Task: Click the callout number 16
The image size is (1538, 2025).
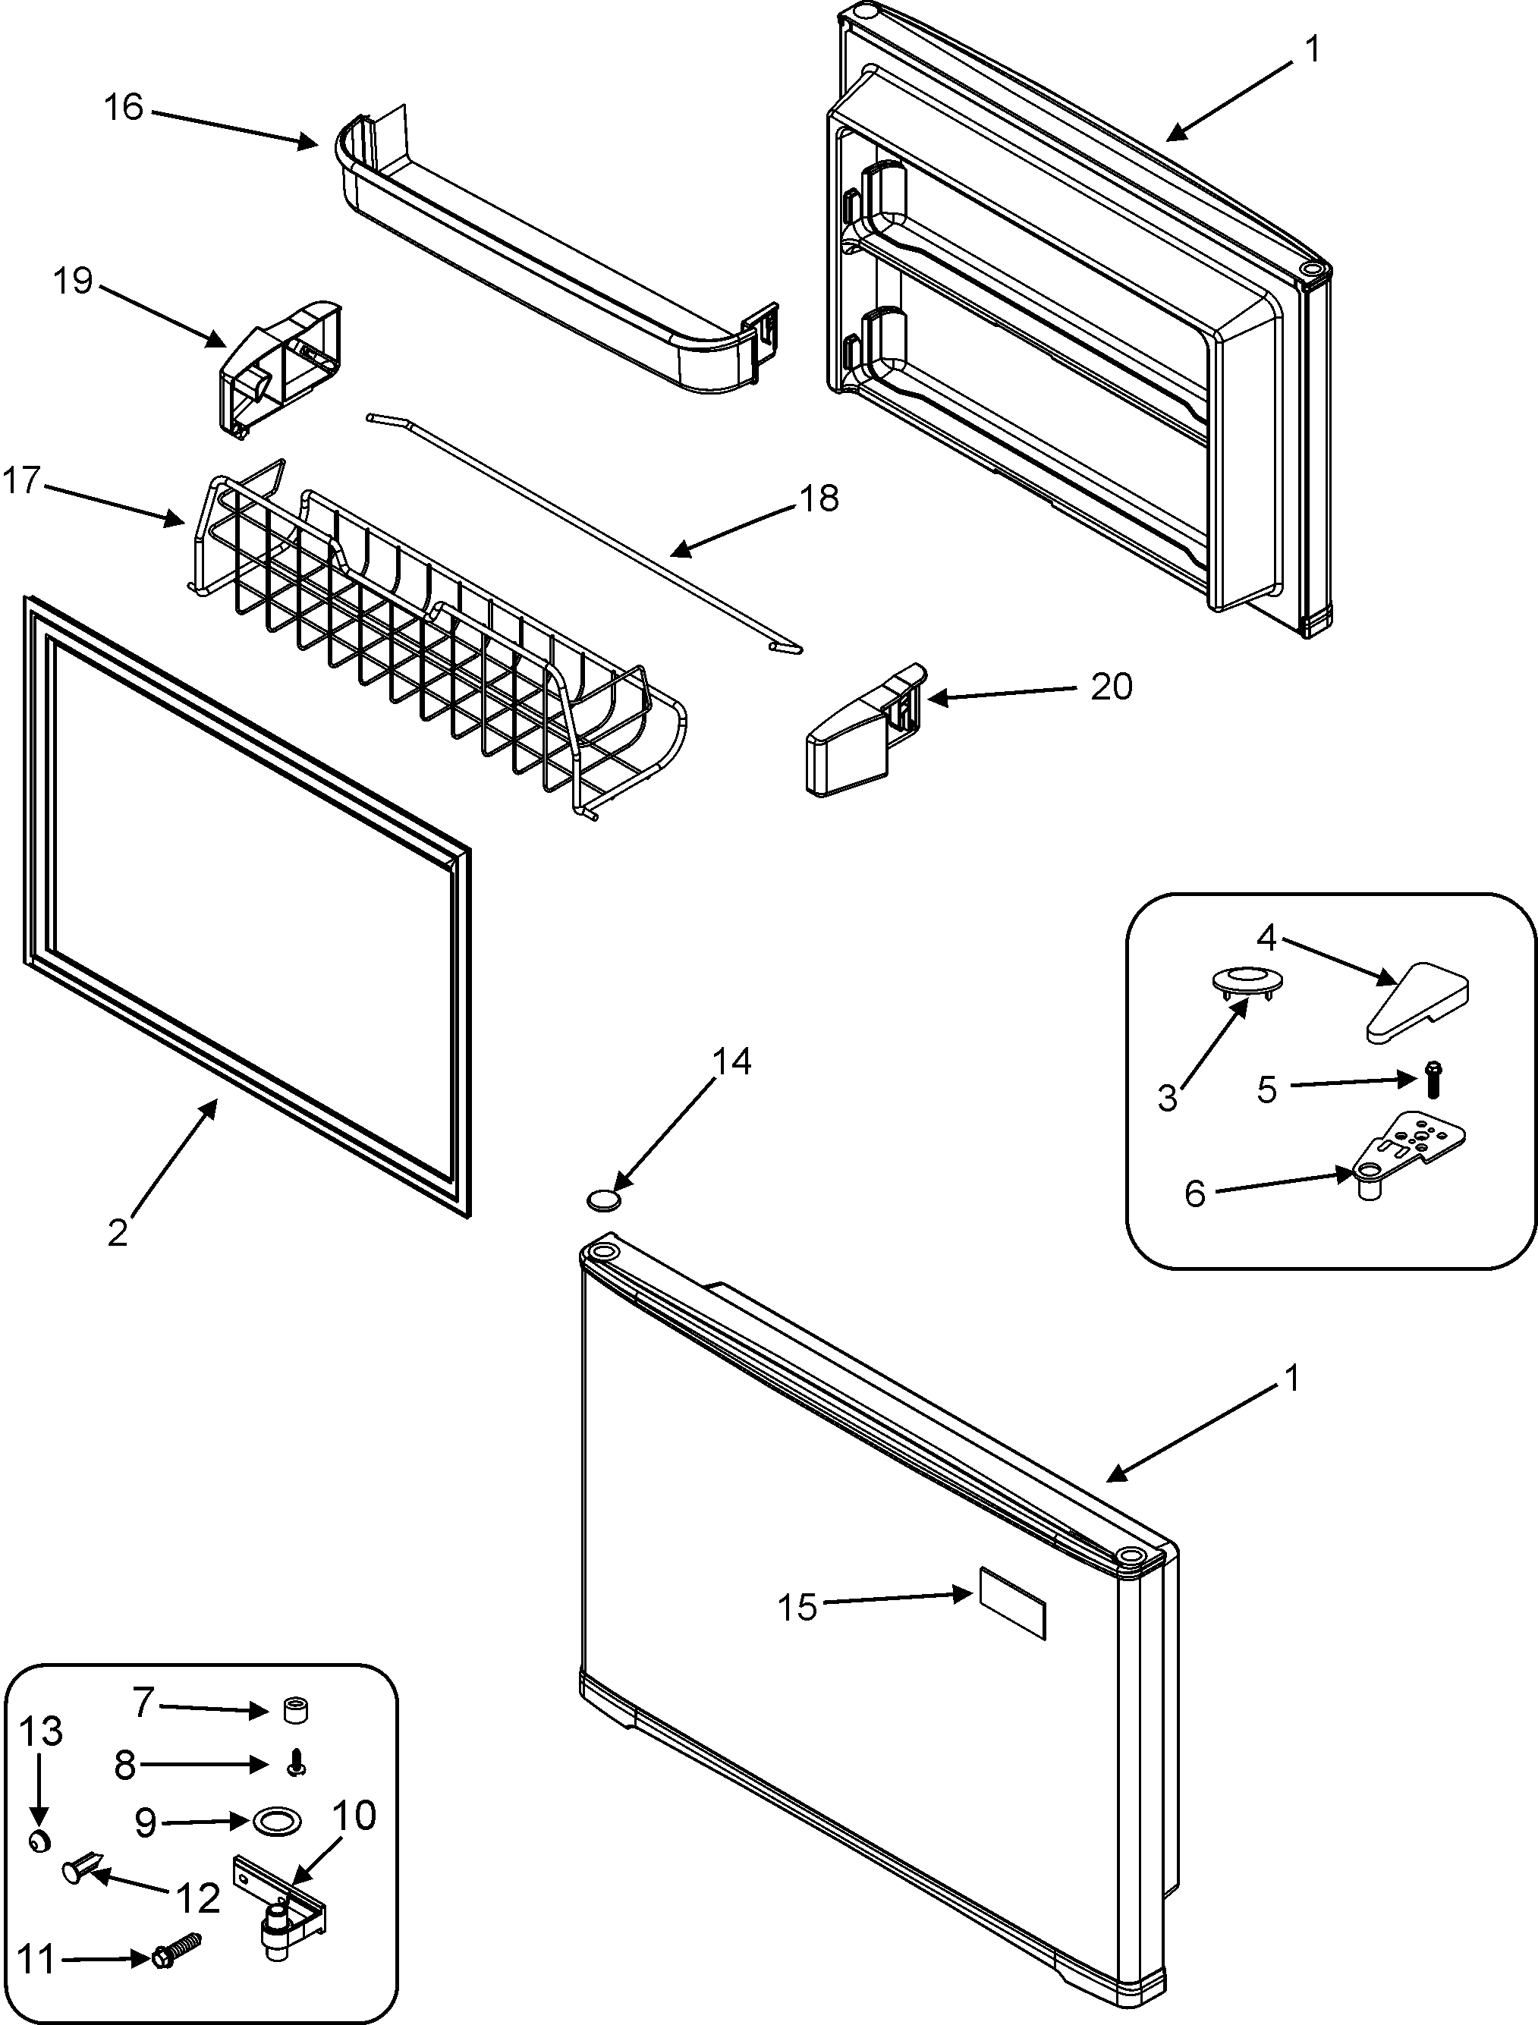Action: click(124, 107)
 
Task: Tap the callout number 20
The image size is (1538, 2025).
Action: click(1112, 687)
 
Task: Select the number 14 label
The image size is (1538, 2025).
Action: click(731, 1062)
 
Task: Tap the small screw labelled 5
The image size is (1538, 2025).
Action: click(1433, 1080)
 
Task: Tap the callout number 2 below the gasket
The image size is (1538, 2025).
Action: click(117, 1234)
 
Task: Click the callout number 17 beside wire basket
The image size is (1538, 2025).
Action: click(21, 480)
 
